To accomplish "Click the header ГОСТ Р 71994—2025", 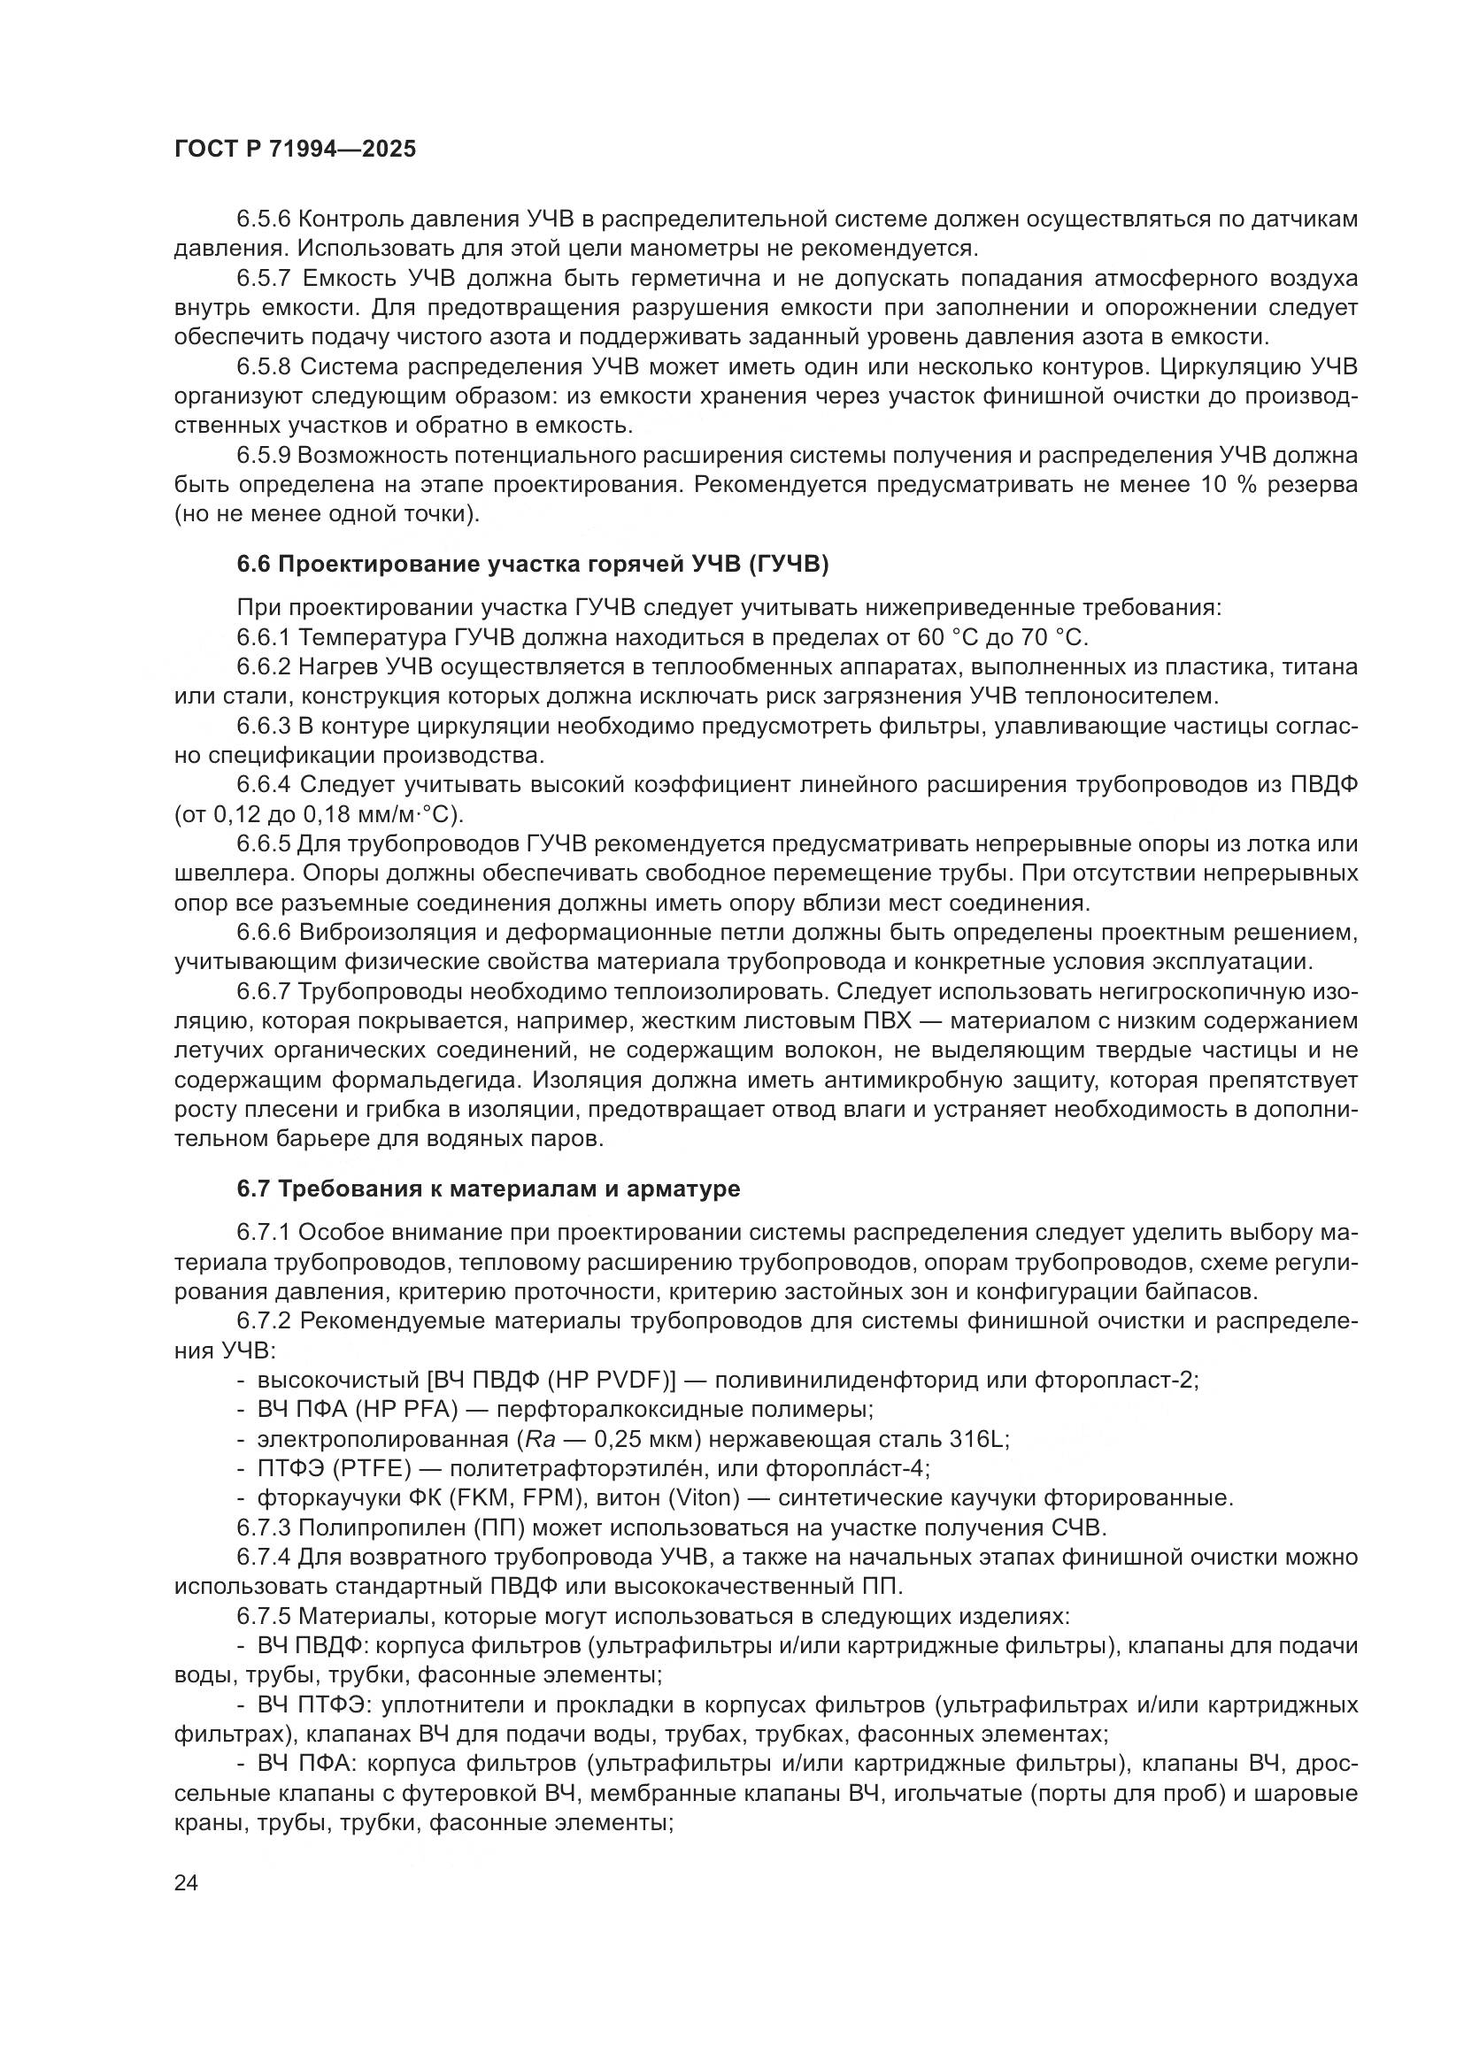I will point(295,150).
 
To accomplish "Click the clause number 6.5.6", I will point(263,219).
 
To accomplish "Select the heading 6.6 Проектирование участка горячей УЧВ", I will point(532,565).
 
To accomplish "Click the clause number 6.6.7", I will point(263,992).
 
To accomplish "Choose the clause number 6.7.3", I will point(263,1528).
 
